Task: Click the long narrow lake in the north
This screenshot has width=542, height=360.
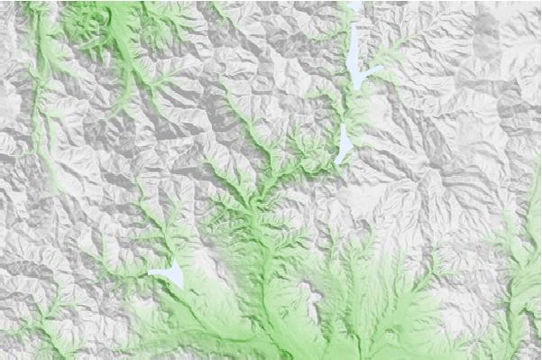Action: coord(357,56)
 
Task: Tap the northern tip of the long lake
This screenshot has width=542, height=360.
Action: coord(354,25)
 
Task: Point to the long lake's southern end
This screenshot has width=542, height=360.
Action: coord(358,88)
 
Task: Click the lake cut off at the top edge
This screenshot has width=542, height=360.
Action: coord(354,5)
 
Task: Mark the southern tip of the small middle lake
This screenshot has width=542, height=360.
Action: coord(337,162)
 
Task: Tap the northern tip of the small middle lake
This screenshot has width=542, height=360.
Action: coord(345,125)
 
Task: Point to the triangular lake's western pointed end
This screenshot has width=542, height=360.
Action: coord(150,272)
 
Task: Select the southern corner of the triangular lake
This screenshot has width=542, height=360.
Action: coord(181,288)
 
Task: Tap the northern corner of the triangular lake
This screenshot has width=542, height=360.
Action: coord(176,263)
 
